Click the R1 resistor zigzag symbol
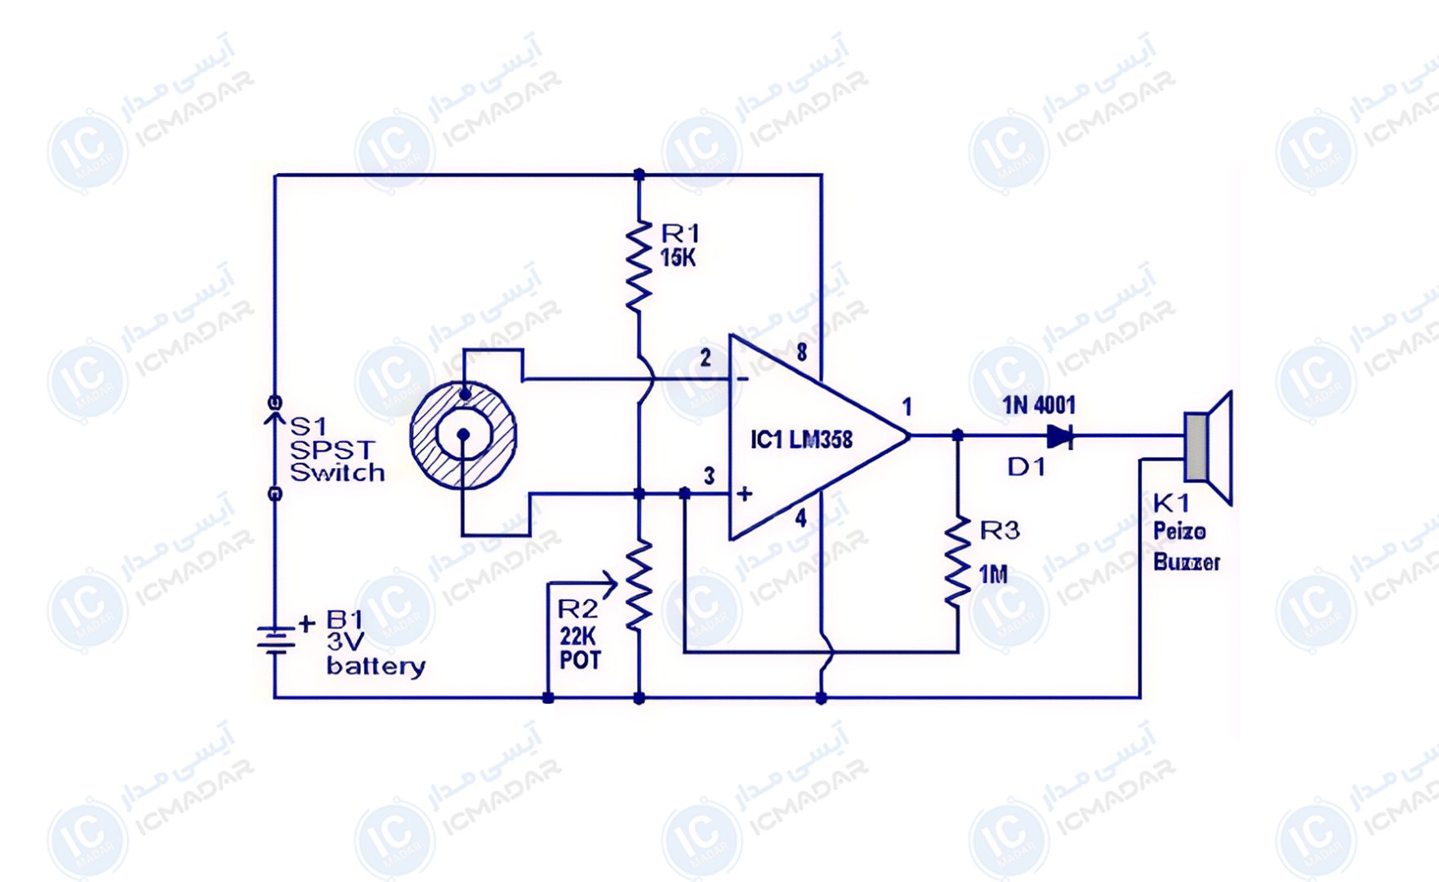click(x=639, y=265)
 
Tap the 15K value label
click(x=678, y=258)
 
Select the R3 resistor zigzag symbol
click(x=957, y=562)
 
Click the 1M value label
click(x=993, y=575)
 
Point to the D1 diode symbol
click(x=1060, y=436)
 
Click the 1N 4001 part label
click(x=1039, y=405)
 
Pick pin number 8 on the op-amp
click(x=802, y=352)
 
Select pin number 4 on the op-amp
click(x=801, y=518)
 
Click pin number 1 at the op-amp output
click(x=907, y=406)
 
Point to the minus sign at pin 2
click(x=742, y=379)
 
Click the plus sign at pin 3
click(x=744, y=493)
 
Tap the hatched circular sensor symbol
click(x=463, y=435)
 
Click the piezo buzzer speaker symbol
click(x=1208, y=448)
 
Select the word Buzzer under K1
click(x=1187, y=562)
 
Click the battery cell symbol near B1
click(x=275, y=639)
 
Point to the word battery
click(x=376, y=666)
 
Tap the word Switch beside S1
click(x=337, y=472)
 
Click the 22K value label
click(x=578, y=636)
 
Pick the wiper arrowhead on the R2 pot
click(x=609, y=583)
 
